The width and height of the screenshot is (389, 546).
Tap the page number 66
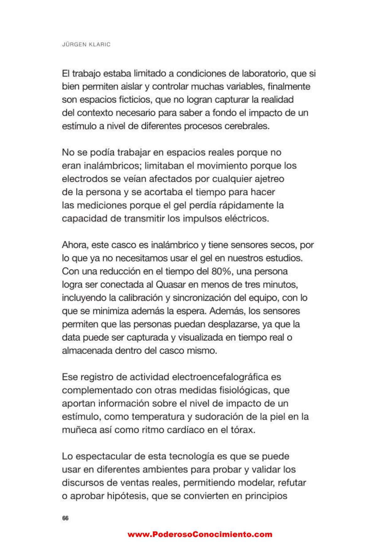[65, 518]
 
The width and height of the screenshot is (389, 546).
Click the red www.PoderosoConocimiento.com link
[200, 534]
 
